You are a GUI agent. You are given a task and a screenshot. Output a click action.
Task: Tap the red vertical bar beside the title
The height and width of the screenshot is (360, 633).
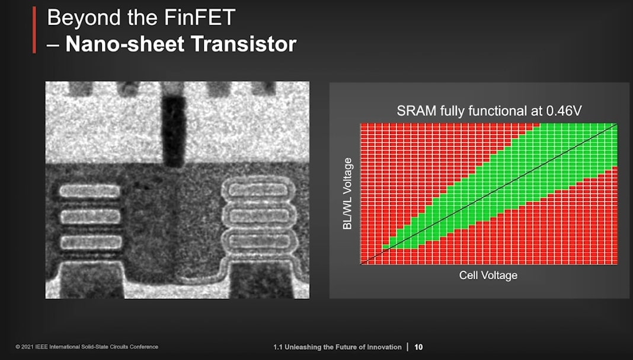[x=34, y=30]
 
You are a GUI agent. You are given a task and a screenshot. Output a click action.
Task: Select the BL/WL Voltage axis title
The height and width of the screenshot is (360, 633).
[x=347, y=193]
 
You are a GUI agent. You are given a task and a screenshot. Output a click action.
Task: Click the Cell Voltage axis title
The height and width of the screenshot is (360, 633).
[x=488, y=275]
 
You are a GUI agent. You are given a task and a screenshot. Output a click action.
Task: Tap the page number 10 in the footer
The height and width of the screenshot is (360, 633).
[x=418, y=347]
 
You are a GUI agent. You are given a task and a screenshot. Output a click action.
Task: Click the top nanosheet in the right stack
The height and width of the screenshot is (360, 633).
[x=258, y=190]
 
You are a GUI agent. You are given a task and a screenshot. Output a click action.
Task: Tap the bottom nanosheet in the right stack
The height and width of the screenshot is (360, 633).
[x=258, y=241]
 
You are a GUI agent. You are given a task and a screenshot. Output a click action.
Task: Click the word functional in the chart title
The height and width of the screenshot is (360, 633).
[x=495, y=111]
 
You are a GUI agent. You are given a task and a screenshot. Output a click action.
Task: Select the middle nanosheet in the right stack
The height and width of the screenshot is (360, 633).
[x=258, y=215]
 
